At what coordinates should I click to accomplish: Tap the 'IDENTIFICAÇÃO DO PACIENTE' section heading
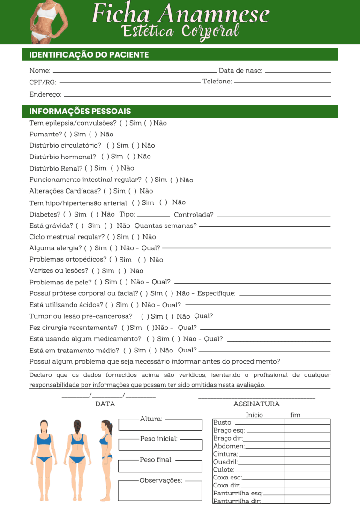point(89,55)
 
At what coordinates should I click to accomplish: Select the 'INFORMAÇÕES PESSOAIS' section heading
point(80,112)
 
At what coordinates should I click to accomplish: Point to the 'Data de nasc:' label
point(240,71)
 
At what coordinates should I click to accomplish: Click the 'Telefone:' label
point(217,82)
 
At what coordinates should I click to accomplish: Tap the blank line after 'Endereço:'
point(197,96)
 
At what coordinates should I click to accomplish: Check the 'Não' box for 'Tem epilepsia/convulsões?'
point(148,123)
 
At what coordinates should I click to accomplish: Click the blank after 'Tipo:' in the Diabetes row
point(153,216)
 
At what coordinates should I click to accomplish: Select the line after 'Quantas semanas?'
point(264,227)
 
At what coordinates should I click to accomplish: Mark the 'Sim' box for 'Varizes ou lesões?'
point(96,271)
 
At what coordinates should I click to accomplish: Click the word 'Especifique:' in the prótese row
point(216,293)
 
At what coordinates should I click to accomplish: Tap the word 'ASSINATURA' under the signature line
point(256,404)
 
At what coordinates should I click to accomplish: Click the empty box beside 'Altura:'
point(160,425)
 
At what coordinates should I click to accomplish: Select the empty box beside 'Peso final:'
point(160,466)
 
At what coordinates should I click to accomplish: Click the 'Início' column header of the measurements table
point(254,415)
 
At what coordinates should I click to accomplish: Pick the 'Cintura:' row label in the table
point(225,454)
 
